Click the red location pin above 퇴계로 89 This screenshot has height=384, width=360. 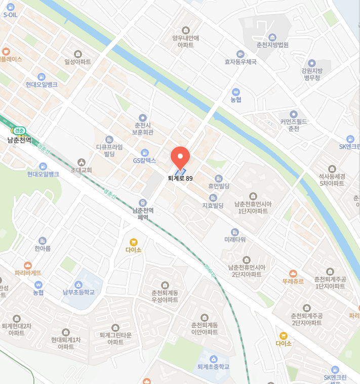click(x=180, y=157)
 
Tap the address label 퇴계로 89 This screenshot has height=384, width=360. click(x=181, y=178)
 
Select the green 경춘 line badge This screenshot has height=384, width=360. click(x=19, y=131)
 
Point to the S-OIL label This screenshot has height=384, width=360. click(x=11, y=15)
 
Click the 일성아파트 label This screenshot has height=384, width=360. click(x=77, y=62)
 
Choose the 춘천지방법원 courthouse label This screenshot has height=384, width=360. click(x=272, y=45)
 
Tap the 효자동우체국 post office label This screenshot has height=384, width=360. click(x=241, y=62)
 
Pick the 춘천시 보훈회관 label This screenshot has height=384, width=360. click(x=143, y=129)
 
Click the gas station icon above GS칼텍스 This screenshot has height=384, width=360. click(x=145, y=152)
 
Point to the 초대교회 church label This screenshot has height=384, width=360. click(x=81, y=170)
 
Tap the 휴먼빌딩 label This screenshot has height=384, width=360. click(x=219, y=186)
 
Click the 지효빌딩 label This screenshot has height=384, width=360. click(x=213, y=205)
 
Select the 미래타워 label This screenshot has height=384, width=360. click(x=235, y=239)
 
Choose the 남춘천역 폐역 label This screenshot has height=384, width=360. click(x=143, y=214)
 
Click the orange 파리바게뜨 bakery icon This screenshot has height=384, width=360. click(x=28, y=265)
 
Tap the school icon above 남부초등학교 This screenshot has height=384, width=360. click(x=78, y=284)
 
